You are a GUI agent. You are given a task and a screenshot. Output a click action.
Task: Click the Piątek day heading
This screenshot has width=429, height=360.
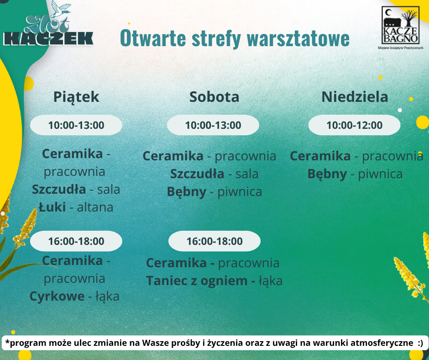[76, 97]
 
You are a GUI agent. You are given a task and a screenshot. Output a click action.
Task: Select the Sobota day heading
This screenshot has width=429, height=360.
[214, 97]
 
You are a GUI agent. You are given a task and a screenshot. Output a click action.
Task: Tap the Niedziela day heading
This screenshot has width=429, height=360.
[355, 97]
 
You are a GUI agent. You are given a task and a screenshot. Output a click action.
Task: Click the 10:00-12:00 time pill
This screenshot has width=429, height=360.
[354, 125]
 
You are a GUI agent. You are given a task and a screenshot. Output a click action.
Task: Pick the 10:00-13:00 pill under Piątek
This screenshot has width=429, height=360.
[76, 125]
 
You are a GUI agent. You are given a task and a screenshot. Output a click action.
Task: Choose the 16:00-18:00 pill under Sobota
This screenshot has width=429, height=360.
[214, 241]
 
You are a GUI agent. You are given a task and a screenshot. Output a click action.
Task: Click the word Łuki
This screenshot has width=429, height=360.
[52, 207]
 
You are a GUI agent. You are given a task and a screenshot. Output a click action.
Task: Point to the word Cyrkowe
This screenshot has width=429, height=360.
[57, 296]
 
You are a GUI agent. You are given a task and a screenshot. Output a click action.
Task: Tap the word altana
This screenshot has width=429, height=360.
[95, 207]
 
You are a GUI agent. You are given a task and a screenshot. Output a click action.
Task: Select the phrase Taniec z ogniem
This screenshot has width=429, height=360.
[197, 281]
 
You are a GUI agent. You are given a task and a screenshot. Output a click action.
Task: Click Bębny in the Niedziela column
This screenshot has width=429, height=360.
[327, 174]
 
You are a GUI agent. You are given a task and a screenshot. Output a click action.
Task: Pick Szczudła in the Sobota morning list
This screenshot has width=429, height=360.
[197, 174]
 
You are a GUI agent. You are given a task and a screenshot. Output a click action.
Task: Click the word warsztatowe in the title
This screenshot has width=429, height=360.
[298, 38]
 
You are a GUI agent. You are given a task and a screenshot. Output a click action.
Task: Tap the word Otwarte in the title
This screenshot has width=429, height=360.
[153, 38]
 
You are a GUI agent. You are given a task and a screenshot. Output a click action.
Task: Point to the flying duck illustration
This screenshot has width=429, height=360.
[60, 9]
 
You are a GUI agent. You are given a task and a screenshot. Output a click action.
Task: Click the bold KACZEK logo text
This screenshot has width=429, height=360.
[48, 39]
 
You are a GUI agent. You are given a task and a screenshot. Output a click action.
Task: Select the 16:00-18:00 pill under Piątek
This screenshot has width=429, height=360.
[76, 241]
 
